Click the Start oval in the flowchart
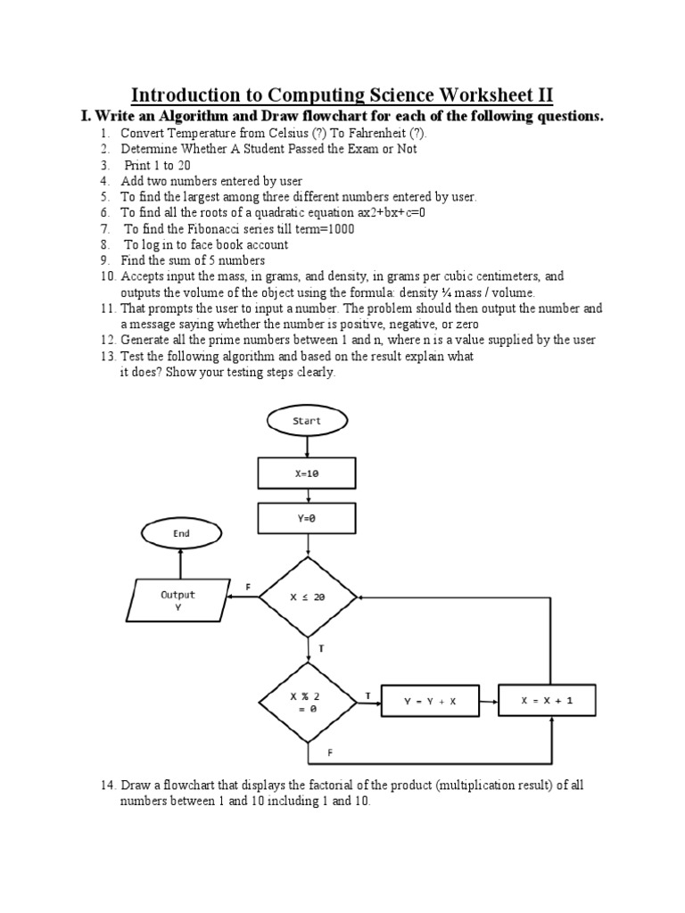coord(307,420)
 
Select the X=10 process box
coord(307,473)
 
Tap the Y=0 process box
coord(307,518)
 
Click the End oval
coord(180,534)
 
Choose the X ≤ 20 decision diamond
coord(308,598)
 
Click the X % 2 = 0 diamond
coord(307,702)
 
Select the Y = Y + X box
coord(430,701)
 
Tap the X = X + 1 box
coord(547,701)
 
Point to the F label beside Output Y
coord(249,586)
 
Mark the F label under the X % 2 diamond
coord(331,753)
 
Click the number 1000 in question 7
coord(340,228)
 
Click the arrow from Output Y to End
coord(180,563)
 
